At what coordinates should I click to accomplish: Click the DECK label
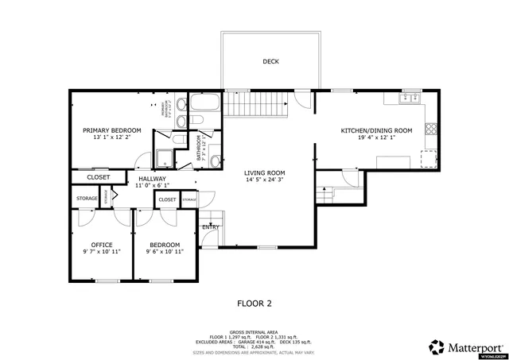(270, 61)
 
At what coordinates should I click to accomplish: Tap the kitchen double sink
(410, 97)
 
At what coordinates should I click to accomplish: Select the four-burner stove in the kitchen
(430, 128)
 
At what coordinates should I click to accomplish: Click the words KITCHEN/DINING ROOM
(376, 130)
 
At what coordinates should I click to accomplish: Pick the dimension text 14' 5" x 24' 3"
(264, 180)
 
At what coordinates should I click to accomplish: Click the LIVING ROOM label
(264, 172)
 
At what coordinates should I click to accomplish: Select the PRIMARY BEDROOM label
(112, 130)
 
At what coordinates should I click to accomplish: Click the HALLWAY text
(152, 179)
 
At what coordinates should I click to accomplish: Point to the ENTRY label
(210, 227)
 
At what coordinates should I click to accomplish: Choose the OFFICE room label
(101, 244)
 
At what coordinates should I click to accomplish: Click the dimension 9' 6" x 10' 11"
(165, 252)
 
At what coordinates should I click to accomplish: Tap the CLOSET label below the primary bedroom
(99, 177)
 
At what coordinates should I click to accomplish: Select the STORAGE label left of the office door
(87, 198)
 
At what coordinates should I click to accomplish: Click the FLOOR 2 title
(254, 303)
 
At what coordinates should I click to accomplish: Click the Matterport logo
(461, 346)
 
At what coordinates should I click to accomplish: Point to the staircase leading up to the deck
(254, 103)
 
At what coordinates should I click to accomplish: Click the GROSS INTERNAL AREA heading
(254, 332)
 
